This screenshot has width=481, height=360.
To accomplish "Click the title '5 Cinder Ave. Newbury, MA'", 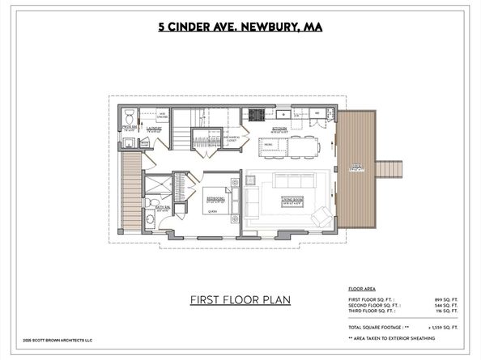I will coord(240,27).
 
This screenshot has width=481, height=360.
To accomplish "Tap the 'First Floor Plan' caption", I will coord(240,300).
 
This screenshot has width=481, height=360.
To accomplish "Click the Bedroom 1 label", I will coord(215,197).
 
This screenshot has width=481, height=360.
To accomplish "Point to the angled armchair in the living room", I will coord(320,215).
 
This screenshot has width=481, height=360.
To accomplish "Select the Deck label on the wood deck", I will coord(356,170).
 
